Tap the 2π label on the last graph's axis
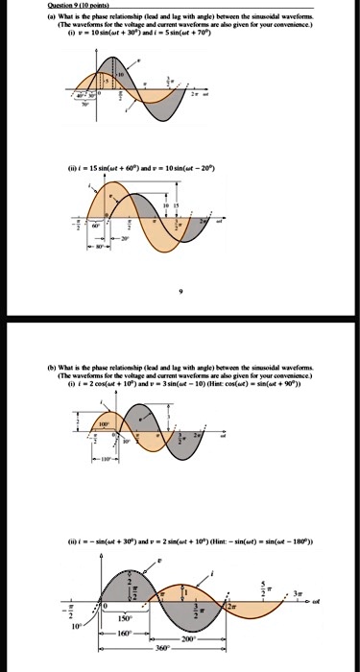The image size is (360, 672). tap(230, 609)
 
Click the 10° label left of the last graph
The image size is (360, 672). tap(77, 625)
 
